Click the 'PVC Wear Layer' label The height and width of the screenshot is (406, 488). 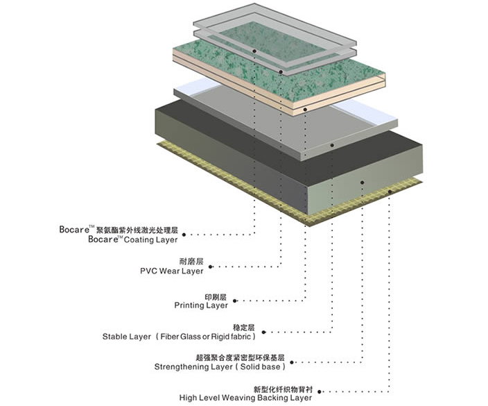[x=171, y=271]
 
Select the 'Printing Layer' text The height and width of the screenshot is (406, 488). [x=201, y=305]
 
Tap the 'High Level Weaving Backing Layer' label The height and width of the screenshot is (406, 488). [x=245, y=398]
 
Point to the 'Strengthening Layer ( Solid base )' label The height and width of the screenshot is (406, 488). [x=220, y=366]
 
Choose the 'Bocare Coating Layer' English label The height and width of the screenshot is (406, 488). [x=133, y=239]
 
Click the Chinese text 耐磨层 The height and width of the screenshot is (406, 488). [x=191, y=261]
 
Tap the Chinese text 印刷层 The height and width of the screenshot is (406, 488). [x=216, y=297]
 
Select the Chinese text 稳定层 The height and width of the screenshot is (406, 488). [x=244, y=328]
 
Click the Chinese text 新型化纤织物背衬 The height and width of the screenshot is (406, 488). [x=283, y=389]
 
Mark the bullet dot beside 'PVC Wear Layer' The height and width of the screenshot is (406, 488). [x=211, y=267]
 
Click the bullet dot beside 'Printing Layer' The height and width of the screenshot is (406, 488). [x=235, y=301]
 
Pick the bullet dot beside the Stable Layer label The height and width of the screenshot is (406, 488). [x=263, y=332]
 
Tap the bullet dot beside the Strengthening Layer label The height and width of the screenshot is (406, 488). [x=292, y=362]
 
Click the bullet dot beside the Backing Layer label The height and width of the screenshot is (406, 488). [x=320, y=391]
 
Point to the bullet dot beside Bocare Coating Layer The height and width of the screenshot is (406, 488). [x=184, y=235]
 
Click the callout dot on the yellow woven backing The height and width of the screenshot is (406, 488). [x=390, y=192]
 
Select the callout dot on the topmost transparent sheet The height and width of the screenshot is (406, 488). [x=254, y=51]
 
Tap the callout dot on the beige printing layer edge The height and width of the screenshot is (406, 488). [x=305, y=110]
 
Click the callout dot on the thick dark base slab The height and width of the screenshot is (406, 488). [x=363, y=183]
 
